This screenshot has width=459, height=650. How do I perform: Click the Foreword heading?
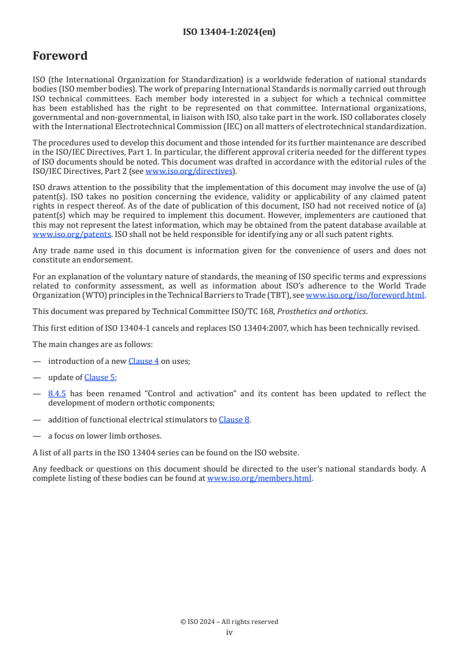[x=60, y=56]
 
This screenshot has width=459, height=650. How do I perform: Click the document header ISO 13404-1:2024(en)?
[x=229, y=32]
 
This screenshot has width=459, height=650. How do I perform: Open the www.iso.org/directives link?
[x=189, y=171]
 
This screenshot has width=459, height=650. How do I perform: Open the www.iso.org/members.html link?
[x=259, y=478]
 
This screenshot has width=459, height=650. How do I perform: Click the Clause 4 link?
[x=144, y=361]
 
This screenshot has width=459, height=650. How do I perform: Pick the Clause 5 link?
[x=100, y=377]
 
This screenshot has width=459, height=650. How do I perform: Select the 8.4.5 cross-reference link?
[x=57, y=393]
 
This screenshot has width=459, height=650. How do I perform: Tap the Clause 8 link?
[x=234, y=419]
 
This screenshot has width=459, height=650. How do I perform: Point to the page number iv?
[x=229, y=632]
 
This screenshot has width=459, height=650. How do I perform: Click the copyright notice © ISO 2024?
[x=229, y=622]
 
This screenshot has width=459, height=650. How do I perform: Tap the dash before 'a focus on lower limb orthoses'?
[x=37, y=436]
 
